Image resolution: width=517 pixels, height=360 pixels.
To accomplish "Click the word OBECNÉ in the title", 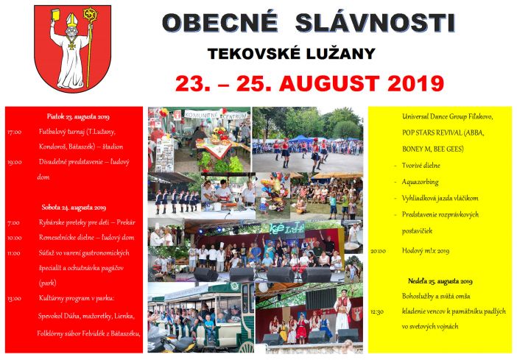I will tap(219, 23).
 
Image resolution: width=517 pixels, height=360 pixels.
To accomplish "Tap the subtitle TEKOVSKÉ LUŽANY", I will tap(292, 54).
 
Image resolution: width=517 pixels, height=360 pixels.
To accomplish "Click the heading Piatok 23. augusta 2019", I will tap(73, 116).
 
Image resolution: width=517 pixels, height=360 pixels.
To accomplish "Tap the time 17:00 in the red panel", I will tap(14, 133).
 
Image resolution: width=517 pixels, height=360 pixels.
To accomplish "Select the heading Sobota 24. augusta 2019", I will tap(72, 208).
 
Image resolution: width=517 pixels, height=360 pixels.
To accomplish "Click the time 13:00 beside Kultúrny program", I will tap(14, 299).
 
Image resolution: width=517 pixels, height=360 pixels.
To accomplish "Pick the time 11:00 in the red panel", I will tap(14, 253).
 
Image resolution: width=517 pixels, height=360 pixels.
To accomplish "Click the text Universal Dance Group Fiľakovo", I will tap(448, 117).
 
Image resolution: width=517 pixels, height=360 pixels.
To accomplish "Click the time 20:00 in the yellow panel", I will tap(378, 250).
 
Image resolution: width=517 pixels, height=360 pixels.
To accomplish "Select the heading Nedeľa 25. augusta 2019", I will tap(440, 281).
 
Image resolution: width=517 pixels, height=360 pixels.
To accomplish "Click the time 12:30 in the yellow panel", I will tap(377, 311).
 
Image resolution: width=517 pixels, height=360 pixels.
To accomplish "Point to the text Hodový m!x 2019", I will tap(425, 250).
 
